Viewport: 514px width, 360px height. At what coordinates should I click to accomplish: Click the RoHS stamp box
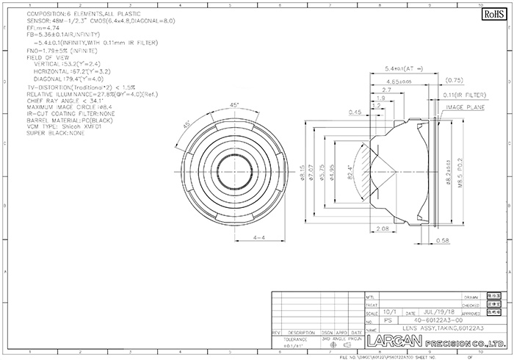coord(489,14)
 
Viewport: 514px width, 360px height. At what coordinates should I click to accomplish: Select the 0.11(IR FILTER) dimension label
coord(464,96)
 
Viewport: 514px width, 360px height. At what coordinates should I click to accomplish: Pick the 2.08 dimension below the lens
coord(381,230)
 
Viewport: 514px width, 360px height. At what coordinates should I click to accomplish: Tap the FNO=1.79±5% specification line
coord(62,49)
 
